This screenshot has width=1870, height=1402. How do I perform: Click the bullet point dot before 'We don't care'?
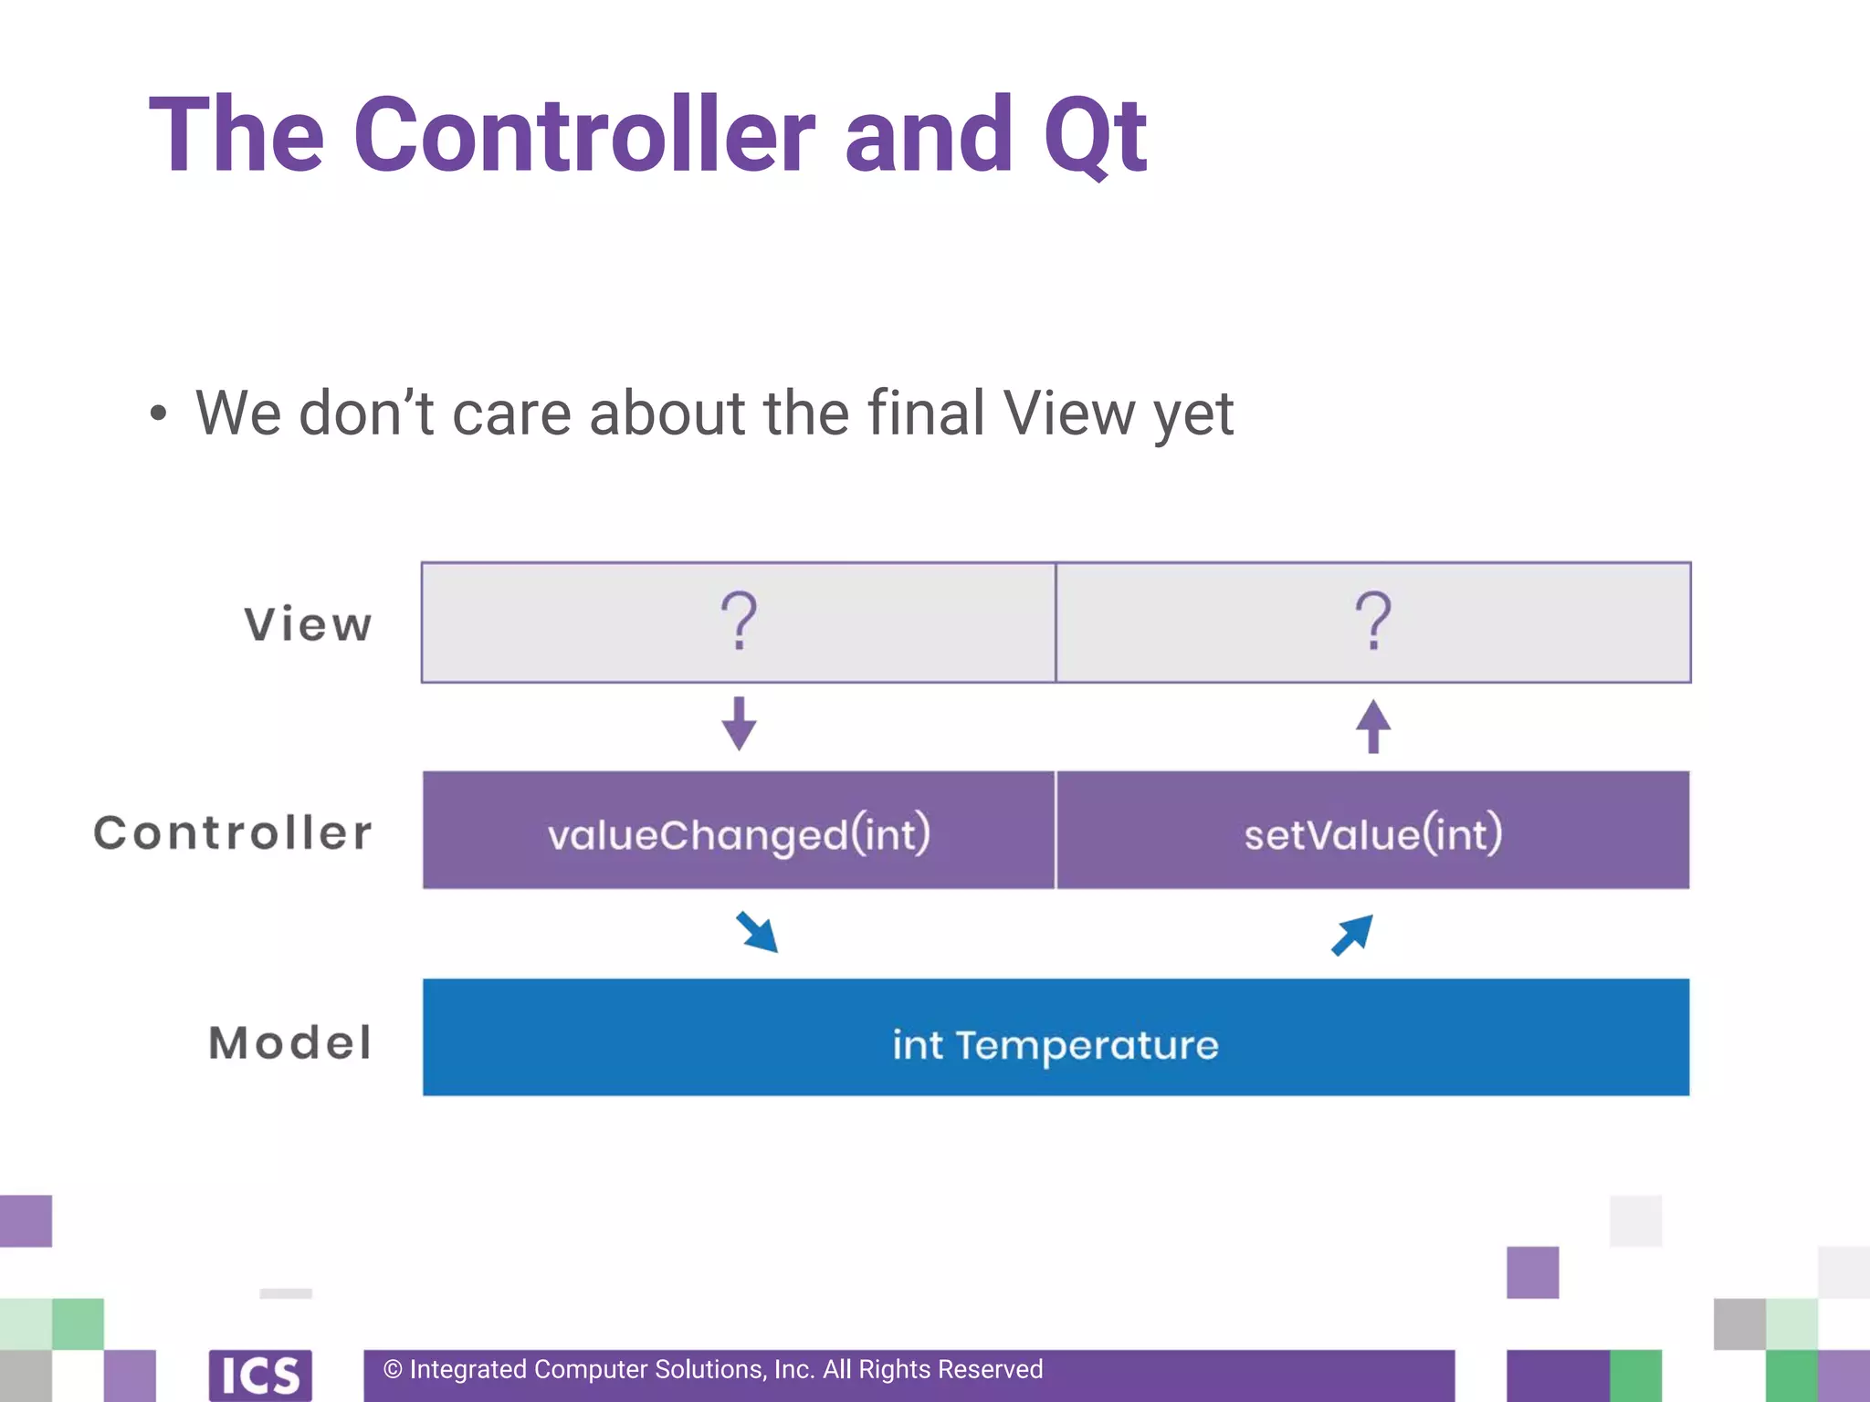tap(159, 413)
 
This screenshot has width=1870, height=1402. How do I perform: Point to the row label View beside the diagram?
tap(308, 625)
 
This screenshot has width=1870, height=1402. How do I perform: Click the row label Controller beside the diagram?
tap(234, 832)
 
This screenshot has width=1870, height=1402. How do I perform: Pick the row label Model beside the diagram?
tap(290, 1042)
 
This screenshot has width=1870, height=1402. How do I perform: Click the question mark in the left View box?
tap(739, 621)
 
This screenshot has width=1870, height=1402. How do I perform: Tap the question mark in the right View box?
tap(1372, 621)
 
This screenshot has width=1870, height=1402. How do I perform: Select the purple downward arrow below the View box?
tap(739, 724)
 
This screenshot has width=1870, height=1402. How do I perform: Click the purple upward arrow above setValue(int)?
tap(1372, 727)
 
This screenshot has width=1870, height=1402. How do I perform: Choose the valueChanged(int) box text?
tap(739, 833)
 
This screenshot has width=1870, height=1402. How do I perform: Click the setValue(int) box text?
tap(1372, 833)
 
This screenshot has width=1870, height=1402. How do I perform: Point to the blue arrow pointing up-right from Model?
tap(1352, 935)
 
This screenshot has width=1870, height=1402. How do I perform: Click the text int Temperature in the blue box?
tap(1056, 1044)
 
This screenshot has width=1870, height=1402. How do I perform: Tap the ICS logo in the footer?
tap(260, 1375)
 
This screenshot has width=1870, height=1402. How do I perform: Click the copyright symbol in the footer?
tap(393, 1369)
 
